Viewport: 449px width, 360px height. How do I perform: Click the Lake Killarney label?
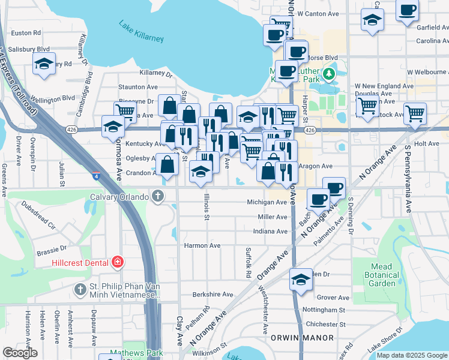(141, 32)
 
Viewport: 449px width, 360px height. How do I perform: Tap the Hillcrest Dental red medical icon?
(118, 262)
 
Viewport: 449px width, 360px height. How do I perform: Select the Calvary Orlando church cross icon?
(158, 196)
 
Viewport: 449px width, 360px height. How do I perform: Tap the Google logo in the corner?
(20, 353)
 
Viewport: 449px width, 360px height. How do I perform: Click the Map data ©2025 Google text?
(412, 355)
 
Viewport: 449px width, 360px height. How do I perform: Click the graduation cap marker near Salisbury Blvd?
(44, 64)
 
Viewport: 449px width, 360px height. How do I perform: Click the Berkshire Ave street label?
(212, 295)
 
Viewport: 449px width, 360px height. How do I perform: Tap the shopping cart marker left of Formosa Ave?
(125, 111)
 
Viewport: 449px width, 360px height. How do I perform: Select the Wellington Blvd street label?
(52, 98)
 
